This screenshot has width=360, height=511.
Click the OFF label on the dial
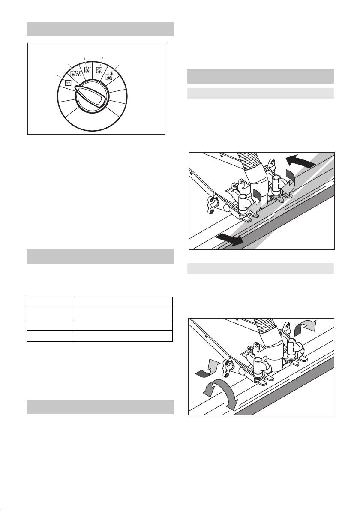69,83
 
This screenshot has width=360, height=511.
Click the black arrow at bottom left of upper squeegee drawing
229,238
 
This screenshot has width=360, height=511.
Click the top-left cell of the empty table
51,302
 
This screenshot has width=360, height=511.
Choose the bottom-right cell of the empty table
124,336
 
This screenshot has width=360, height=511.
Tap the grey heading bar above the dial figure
100,29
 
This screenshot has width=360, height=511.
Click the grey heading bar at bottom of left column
100,407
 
